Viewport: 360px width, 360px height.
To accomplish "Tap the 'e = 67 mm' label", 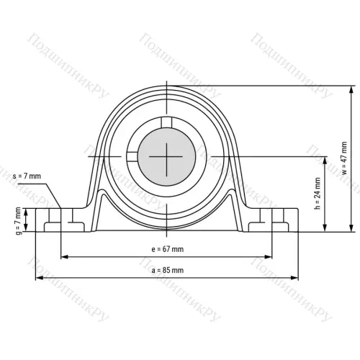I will (x=166, y=248).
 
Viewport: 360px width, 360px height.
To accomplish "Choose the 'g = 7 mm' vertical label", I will (x=18, y=220).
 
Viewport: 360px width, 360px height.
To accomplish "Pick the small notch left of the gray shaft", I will (x=131, y=155).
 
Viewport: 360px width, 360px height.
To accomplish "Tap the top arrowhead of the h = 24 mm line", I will (x=327, y=158).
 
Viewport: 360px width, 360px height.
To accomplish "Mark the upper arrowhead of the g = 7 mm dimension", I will (x=27, y=211).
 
